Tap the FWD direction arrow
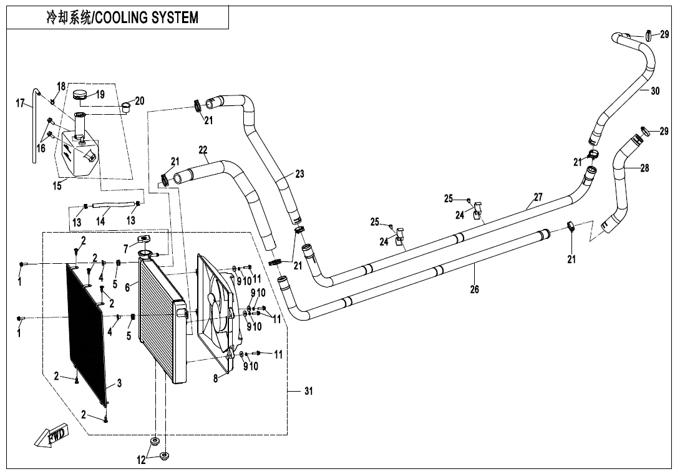[x=51, y=438]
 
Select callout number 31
[x=309, y=391]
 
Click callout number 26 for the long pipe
[x=475, y=289]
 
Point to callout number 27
[x=538, y=197]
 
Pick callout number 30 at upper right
[x=654, y=91]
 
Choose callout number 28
[x=644, y=168]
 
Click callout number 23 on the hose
[x=299, y=174]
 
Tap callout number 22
[x=203, y=150]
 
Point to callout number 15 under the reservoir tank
[x=56, y=186]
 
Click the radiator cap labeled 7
[x=144, y=239]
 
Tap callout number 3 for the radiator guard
[x=119, y=383]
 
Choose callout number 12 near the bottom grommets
[x=142, y=460]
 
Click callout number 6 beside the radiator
[x=127, y=288]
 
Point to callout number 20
[x=140, y=100]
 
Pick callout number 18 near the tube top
[x=61, y=85]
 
